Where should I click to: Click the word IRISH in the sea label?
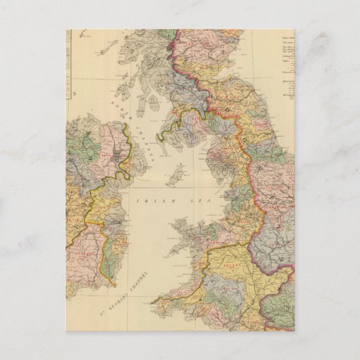[x=148, y=201]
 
